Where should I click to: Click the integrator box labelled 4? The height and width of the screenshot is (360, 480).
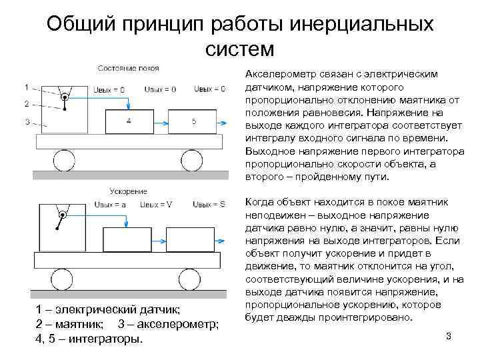128,121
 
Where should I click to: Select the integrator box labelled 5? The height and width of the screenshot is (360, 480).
193,121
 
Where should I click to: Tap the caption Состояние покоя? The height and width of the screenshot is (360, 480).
123,68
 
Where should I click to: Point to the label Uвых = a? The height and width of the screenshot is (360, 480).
111,205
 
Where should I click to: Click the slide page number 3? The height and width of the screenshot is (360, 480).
449,336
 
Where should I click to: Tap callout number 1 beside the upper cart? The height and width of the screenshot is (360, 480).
27,87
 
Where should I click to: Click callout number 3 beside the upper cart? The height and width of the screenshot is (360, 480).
27,121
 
